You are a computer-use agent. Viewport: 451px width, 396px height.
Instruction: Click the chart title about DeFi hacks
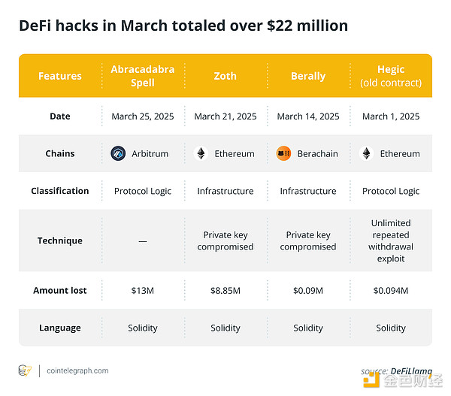[x=183, y=26]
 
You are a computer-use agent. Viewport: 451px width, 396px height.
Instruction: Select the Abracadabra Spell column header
[x=143, y=76]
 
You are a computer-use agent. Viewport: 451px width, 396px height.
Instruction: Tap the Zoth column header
[x=225, y=76]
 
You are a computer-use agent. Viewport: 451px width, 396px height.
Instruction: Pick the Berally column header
[x=308, y=76]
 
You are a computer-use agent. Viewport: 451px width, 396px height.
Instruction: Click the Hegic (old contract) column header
[x=391, y=76]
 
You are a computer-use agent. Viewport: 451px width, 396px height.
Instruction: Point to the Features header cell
[x=60, y=76]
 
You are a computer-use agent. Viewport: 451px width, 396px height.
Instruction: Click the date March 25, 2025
[x=143, y=116]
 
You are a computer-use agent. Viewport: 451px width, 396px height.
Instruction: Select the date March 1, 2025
[x=391, y=116]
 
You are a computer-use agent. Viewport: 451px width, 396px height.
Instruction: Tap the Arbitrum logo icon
[x=118, y=153]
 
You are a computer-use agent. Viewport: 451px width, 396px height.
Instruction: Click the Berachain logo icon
[x=283, y=153]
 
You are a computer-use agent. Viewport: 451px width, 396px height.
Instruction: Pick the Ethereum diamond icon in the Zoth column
[x=201, y=153]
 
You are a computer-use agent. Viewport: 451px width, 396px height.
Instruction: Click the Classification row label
[x=60, y=191]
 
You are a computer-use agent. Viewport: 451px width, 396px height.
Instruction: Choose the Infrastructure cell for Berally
[x=308, y=191]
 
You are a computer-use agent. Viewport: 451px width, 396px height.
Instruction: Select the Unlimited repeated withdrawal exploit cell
[x=391, y=240]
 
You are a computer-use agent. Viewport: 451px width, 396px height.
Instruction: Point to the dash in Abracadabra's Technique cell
[x=143, y=241]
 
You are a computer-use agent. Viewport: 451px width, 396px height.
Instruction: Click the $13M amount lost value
[x=143, y=291]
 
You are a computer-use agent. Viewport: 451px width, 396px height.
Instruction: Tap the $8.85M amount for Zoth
[x=225, y=291]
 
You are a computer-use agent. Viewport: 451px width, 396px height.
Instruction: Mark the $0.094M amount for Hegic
[x=391, y=291]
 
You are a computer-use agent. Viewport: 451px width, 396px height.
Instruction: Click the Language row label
[x=60, y=328]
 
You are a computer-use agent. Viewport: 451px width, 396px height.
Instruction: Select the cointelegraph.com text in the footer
[x=77, y=370]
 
